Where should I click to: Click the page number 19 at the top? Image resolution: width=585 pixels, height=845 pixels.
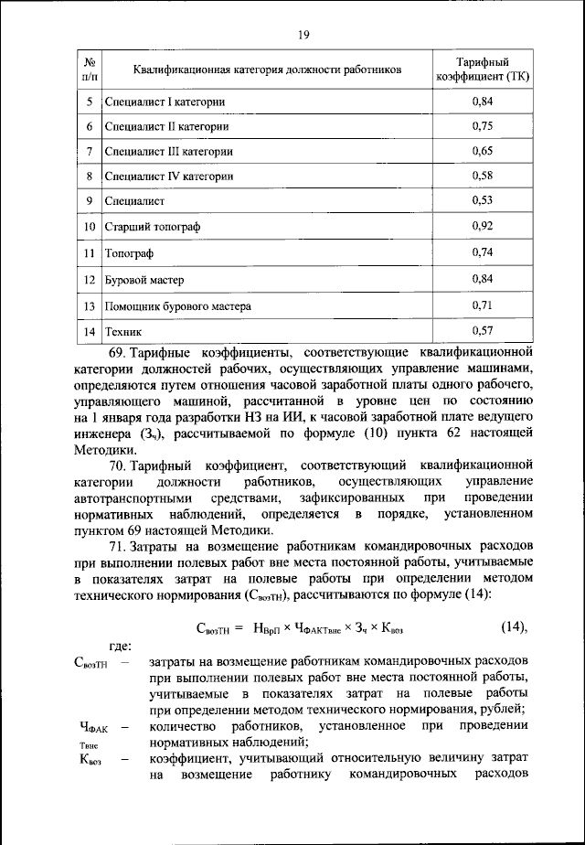click(303, 35)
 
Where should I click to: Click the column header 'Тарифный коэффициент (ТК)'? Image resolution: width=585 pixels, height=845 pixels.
click(482, 69)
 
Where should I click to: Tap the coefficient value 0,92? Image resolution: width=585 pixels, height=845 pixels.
click(482, 225)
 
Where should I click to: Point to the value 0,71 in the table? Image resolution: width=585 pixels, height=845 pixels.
click(482, 305)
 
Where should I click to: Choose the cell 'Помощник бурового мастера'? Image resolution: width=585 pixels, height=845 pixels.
click(177, 305)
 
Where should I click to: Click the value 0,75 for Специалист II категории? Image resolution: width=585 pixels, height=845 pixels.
click(482, 125)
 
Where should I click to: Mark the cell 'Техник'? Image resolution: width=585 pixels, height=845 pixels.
click(123, 331)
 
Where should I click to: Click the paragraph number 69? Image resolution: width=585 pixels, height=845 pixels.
click(116, 350)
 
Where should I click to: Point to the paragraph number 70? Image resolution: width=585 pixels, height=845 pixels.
click(116, 465)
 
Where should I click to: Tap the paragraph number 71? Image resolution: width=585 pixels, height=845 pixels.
click(116, 546)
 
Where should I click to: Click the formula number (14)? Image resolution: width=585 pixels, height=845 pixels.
click(516, 627)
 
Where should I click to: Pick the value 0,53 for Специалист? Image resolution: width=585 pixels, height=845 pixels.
click(482, 200)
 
